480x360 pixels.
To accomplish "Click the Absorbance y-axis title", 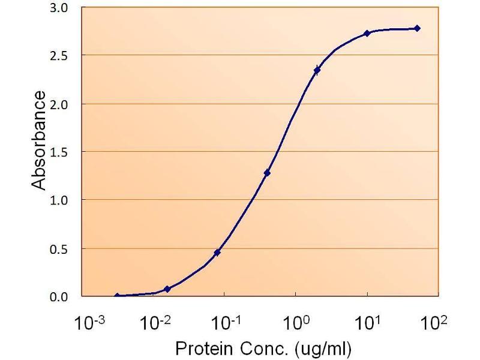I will click(39, 140).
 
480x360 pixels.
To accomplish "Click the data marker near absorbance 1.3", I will click(267, 173).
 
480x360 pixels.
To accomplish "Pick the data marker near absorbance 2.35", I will click(317, 70).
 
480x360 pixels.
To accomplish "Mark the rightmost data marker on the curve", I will click(417, 28).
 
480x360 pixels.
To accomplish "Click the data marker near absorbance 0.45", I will click(217, 253).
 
